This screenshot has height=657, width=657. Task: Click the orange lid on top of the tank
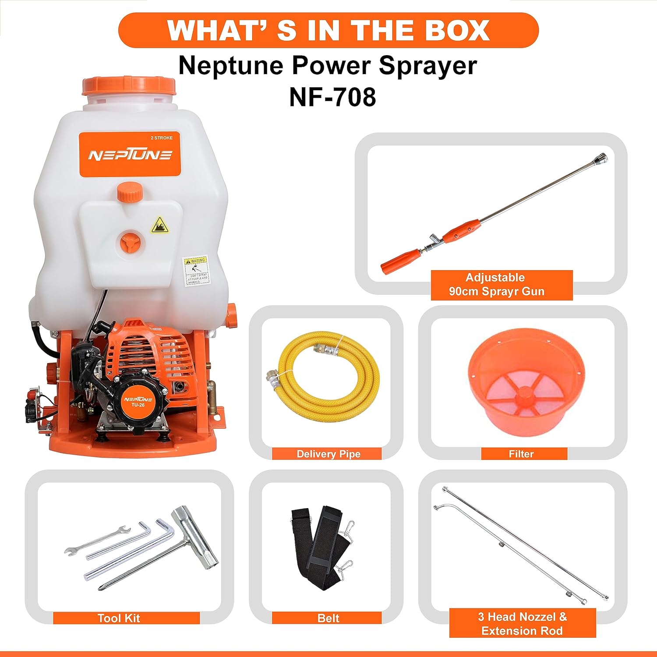129,86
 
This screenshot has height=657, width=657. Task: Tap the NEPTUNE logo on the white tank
130,155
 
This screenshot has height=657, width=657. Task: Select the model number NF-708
332,97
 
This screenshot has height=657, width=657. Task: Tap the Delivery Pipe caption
328,454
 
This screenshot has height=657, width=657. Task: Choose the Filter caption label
521,454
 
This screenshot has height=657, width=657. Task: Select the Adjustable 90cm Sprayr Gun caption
496,285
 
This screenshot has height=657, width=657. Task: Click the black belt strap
322,547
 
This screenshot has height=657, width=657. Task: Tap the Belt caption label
328,618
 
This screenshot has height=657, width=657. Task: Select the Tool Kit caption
119,618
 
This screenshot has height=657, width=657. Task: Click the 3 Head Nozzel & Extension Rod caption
522,623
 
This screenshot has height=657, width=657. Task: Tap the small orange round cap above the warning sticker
130,192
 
